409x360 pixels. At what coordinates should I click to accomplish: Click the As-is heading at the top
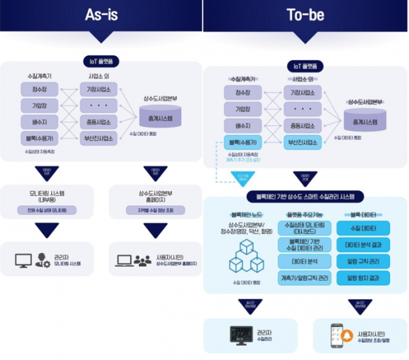[x=101, y=14]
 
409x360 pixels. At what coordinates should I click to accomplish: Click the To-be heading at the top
[x=305, y=14]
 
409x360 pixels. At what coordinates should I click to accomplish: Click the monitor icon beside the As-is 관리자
[x=25, y=260]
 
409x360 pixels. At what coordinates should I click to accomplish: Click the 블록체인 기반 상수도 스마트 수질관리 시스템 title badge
[x=305, y=195]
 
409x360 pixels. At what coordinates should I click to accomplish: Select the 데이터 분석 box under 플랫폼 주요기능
[x=305, y=260]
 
